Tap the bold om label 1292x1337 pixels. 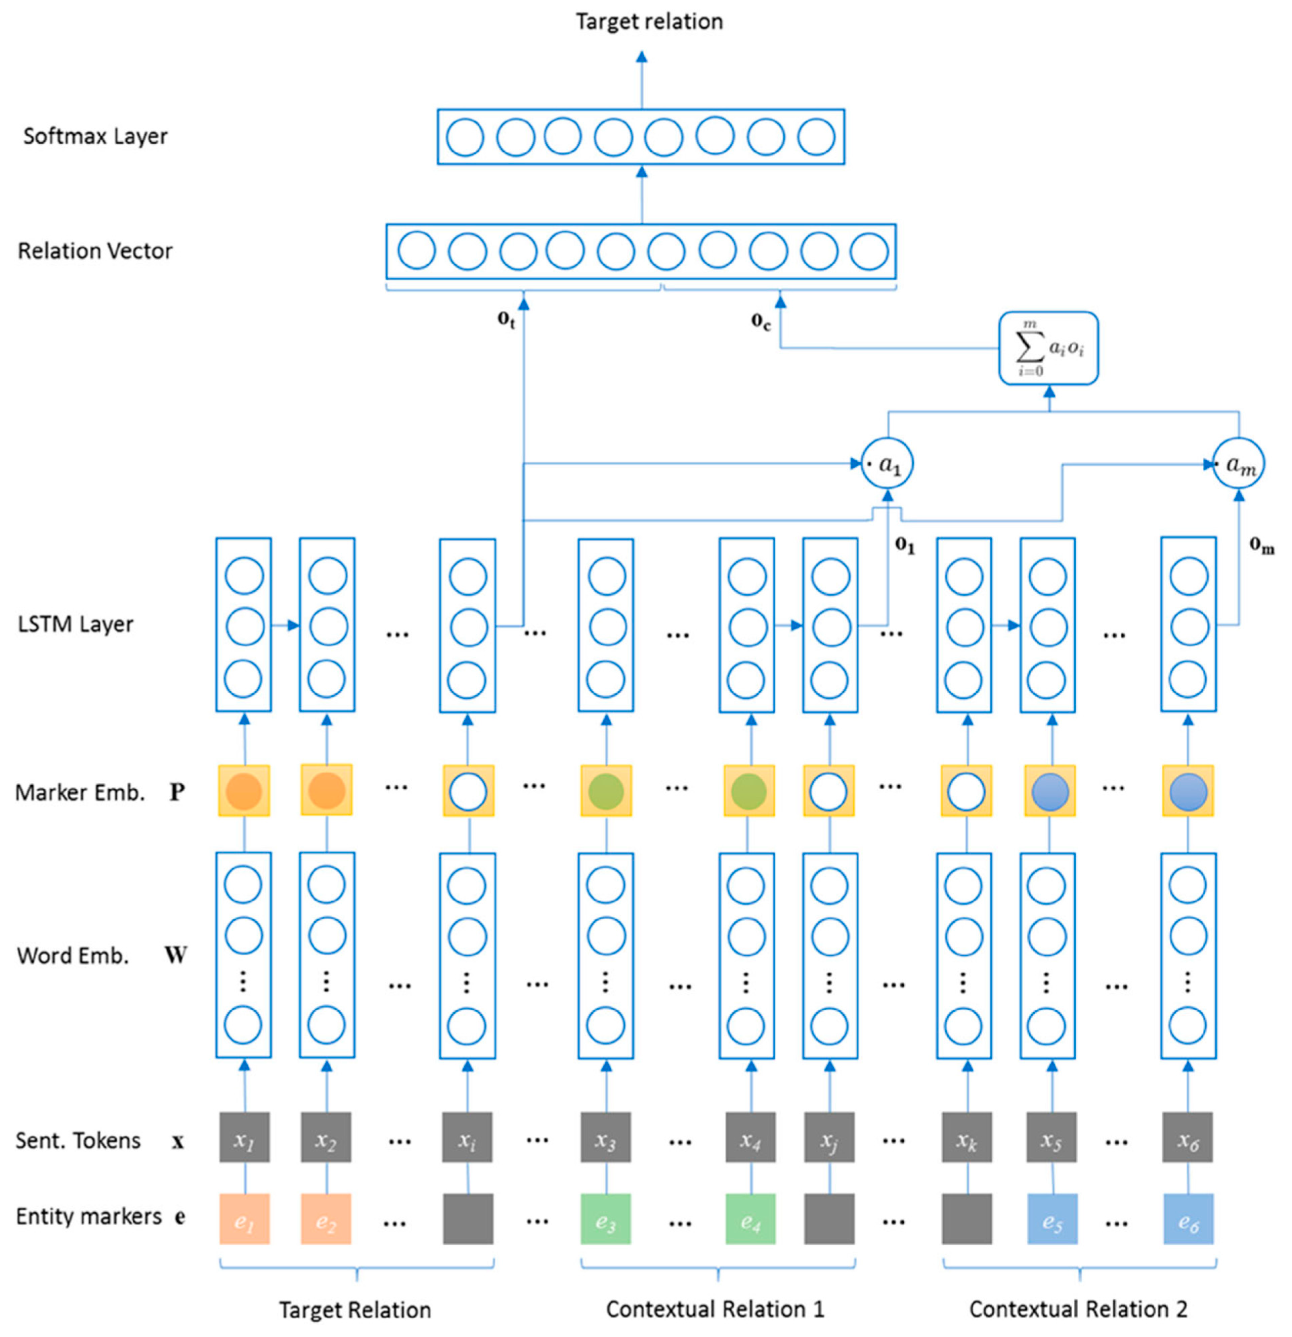tap(1261, 546)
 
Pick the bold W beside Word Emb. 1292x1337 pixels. tap(175, 955)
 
